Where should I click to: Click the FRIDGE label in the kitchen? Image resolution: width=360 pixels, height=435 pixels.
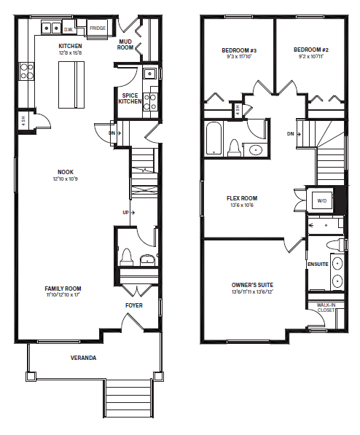[98, 28]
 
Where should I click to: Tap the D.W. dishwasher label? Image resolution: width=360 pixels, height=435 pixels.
[69, 29]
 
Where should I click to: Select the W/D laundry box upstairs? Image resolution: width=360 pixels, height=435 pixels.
[322, 200]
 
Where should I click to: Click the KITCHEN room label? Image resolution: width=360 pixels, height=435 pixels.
[70, 46]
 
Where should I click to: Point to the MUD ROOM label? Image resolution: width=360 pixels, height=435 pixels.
[125, 44]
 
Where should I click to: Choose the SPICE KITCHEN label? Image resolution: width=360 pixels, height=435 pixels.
[130, 99]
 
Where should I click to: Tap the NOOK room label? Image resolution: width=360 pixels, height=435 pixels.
[66, 172]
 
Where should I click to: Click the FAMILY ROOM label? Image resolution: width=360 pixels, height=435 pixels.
[63, 289]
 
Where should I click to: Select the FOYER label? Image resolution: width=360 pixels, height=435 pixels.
[134, 305]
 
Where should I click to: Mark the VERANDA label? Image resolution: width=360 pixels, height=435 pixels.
[83, 358]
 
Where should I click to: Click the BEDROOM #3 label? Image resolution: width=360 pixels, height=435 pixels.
[239, 50]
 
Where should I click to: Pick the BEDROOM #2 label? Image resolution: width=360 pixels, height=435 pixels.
[311, 50]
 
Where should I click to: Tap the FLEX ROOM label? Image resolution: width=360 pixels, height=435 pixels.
[242, 198]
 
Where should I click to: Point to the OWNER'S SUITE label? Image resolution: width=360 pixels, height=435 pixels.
[252, 285]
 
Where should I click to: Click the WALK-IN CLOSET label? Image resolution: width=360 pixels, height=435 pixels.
[326, 307]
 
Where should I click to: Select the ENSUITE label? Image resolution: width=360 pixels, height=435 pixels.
[318, 264]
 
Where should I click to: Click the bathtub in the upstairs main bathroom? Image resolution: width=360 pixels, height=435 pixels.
[214, 139]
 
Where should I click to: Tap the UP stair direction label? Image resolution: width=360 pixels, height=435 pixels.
[126, 213]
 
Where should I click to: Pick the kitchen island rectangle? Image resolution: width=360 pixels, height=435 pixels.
[71, 85]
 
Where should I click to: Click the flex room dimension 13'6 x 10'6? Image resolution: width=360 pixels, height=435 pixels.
[242, 205]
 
